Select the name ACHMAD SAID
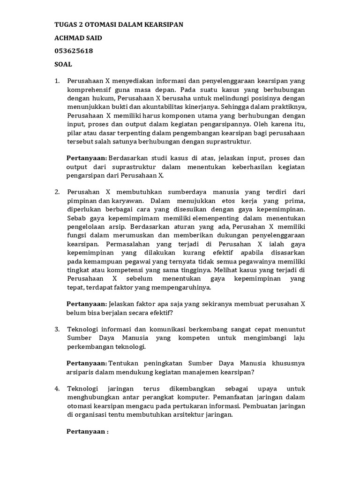78,37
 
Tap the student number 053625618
74,51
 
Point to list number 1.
57,81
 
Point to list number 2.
57,192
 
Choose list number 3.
57,330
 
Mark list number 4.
57,389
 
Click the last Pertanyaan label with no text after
87,431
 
